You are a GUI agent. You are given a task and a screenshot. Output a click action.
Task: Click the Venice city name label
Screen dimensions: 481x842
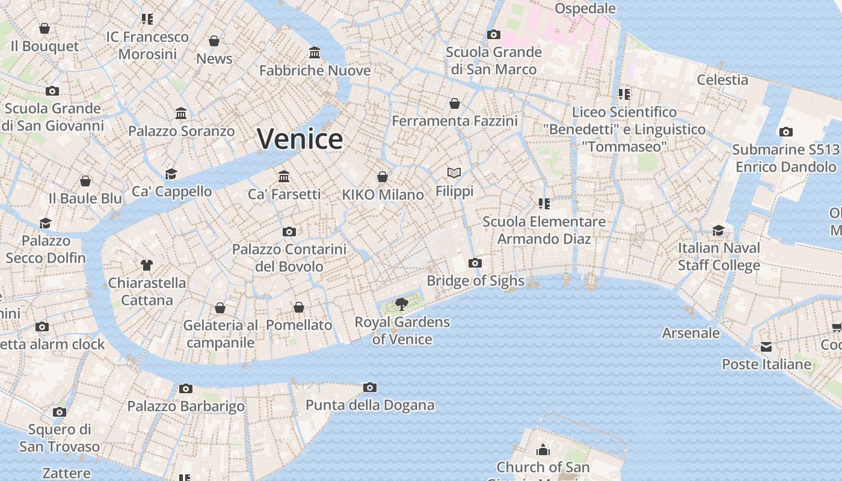pyautogui.click(x=300, y=139)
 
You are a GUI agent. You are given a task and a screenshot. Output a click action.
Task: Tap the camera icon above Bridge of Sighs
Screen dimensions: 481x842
pyautogui.click(x=475, y=263)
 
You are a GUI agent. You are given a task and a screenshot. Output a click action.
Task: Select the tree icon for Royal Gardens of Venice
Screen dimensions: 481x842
pyautogui.click(x=402, y=304)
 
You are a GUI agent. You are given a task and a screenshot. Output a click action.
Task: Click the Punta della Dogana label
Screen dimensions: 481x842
pyautogui.click(x=370, y=405)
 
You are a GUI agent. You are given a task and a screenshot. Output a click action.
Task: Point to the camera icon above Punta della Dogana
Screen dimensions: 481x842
pyautogui.click(x=370, y=387)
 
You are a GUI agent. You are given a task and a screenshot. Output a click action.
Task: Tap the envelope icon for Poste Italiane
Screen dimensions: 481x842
pyautogui.click(x=766, y=347)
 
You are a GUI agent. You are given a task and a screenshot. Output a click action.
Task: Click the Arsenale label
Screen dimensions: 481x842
pyautogui.click(x=690, y=332)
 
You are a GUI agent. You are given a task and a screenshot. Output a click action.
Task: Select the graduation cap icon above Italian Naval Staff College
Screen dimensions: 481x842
pyautogui.click(x=719, y=230)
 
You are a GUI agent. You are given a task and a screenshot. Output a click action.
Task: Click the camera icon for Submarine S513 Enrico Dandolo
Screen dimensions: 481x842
pyautogui.click(x=785, y=132)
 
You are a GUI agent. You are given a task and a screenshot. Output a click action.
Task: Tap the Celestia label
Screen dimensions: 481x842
pyautogui.click(x=722, y=79)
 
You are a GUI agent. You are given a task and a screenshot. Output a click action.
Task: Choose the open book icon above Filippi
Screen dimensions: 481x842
pyautogui.click(x=454, y=173)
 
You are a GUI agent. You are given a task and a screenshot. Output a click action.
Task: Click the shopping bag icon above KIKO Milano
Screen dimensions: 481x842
pyautogui.click(x=383, y=177)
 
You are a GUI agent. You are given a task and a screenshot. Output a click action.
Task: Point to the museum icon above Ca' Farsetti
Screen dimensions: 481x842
pyautogui.click(x=284, y=176)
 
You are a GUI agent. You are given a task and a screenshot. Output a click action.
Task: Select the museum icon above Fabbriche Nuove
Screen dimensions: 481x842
pyautogui.click(x=315, y=52)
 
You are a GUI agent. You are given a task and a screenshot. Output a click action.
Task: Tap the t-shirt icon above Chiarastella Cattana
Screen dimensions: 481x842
pyautogui.click(x=147, y=265)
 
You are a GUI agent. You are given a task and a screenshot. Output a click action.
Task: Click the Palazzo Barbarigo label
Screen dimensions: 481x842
pyautogui.click(x=186, y=406)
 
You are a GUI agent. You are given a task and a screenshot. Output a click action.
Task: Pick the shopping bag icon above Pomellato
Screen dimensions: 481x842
pyautogui.click(x=299, y=307)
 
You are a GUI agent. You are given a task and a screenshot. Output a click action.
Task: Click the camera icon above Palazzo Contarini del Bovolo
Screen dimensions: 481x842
pyautogui.click(x=289, y=231)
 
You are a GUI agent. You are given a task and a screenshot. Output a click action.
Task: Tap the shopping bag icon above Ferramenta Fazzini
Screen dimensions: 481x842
pyautogui.click(x=455, y=103)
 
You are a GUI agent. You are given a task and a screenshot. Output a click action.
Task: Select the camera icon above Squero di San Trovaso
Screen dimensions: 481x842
pyautogui.click(x=59, y=412)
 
